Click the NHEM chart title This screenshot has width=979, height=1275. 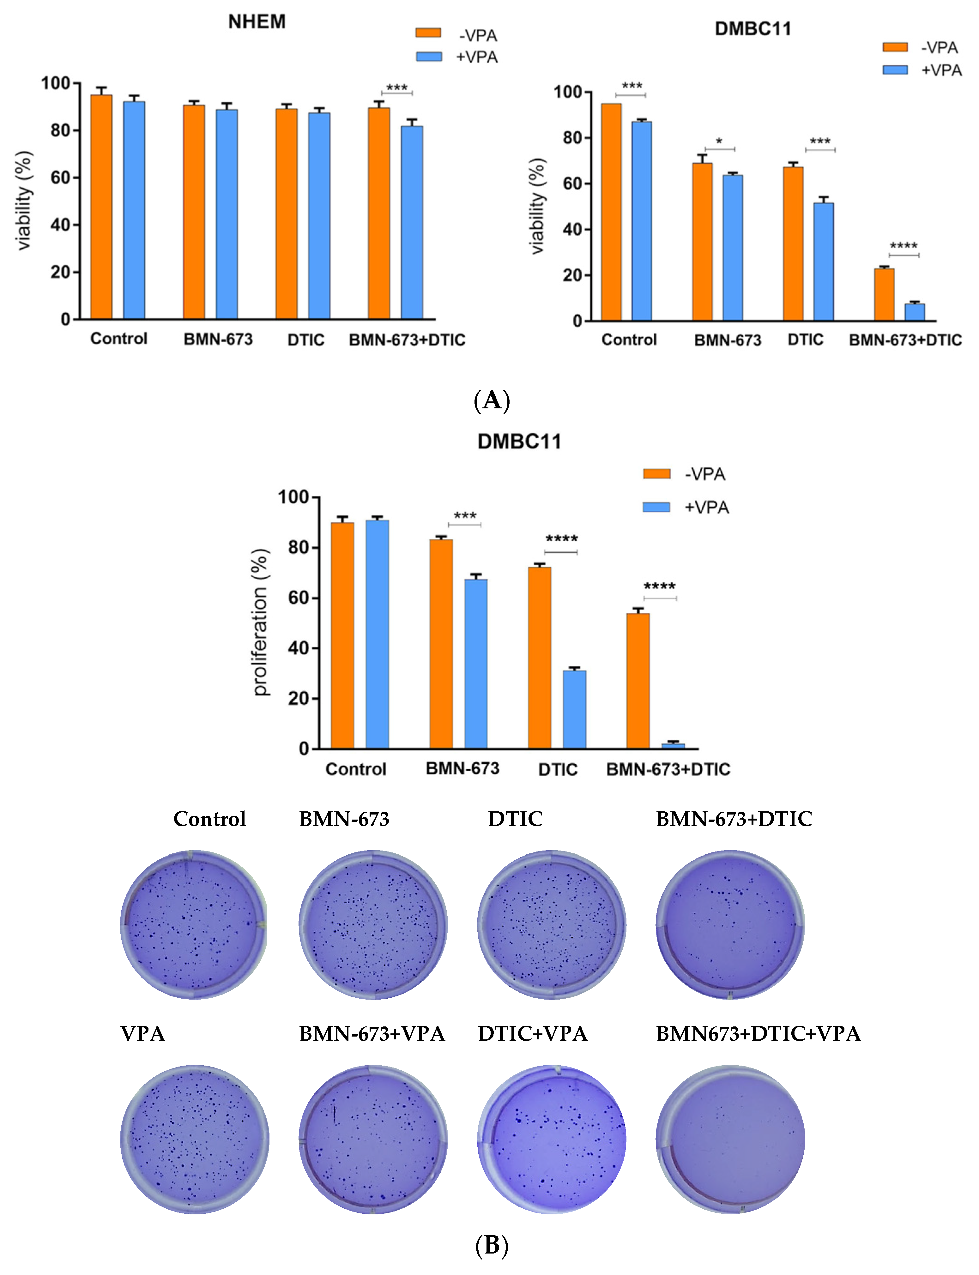[257, 22]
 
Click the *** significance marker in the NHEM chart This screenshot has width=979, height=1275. [397, 88]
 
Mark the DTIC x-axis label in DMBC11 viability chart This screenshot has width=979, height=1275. [805, 340]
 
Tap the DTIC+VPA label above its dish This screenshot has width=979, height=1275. [532, 1033]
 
